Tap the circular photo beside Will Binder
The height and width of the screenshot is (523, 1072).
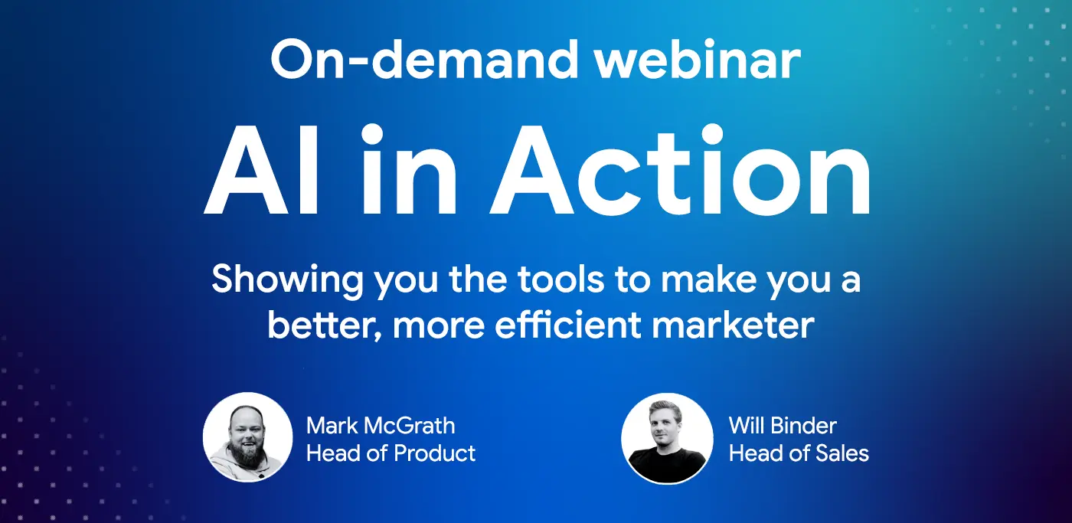[666, 438]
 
